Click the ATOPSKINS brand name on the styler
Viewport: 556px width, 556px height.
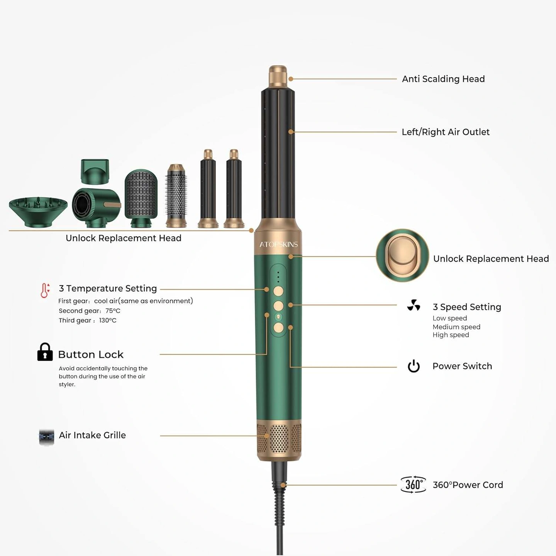tap(278, 244)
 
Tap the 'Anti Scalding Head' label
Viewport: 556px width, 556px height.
tap(443, 79)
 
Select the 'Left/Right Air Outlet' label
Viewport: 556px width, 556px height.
tap(446, 132)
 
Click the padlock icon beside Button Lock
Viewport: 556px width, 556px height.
tap(45, 352)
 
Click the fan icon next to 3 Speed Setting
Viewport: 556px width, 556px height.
tap(414, 305)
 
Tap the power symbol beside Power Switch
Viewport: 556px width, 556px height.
tap(414, 366)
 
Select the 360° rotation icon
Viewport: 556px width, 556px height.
tap(413, 485)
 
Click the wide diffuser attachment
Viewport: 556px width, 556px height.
tap(38, 212)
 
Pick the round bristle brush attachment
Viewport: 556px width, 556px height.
tap(176, 196)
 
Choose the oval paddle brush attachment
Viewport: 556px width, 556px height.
tap(141, 198)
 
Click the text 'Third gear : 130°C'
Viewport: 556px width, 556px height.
tap(87, 320)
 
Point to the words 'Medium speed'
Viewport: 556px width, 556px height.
tap(456, 327)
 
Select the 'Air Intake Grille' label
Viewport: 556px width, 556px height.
tap(92, 435)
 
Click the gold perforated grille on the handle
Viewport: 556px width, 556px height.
tap(279, 438)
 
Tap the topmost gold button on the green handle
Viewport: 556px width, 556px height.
tap(278, 291)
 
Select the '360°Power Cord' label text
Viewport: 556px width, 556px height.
tap(468, 485)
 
